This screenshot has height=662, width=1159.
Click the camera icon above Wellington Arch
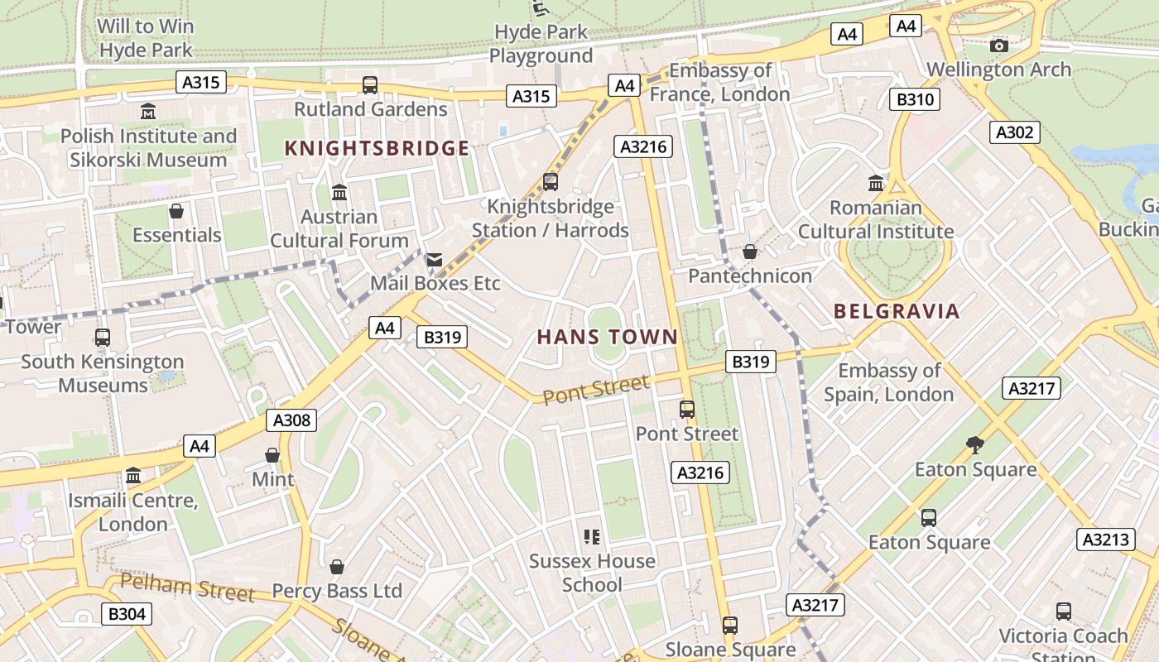(999, 46)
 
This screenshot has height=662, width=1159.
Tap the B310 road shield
(915, 100)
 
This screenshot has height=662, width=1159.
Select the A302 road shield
(1014, 132)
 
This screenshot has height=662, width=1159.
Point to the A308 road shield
(292, 420)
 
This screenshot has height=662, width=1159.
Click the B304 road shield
(127, 614)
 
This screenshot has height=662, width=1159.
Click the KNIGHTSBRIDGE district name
(377, 149)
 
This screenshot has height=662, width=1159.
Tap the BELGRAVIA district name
(897, 312)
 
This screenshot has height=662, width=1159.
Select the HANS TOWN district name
(608, 338)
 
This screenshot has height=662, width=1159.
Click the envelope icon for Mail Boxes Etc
(434, 260)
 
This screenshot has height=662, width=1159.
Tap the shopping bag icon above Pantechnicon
(750, 252)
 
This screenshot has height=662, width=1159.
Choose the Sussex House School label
(592, 573)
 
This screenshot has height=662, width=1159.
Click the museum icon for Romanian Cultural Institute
(876, 183)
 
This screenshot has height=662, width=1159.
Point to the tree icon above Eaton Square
(975, 445)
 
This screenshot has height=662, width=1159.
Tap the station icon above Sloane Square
(729, 626)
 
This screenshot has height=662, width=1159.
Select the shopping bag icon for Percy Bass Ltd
(337, 567)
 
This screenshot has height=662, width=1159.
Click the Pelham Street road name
(187, 588)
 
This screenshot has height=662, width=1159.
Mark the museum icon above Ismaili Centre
(133, 476)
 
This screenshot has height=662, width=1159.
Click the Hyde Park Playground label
(541, 44)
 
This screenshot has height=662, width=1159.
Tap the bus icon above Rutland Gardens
(370, 84)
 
